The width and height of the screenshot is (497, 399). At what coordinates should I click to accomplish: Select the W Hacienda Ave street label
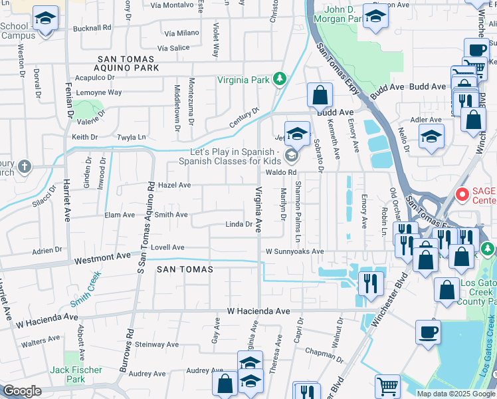[x=258, y=311]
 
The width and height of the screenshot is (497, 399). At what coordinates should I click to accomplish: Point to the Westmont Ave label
[x=102, y=256]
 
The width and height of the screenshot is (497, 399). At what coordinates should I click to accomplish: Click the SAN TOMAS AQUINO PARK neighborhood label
[x=127, y=63]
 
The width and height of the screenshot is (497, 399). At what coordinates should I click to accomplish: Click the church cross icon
[x=25, y=166]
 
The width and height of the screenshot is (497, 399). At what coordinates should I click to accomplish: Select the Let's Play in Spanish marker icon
[x=291, y=156]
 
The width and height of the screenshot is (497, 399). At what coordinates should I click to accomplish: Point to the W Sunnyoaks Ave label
[x=294, y=252]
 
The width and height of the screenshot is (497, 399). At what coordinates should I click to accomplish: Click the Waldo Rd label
[x=280, y=172]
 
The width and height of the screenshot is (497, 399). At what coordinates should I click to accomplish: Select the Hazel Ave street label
[x=175, y=185]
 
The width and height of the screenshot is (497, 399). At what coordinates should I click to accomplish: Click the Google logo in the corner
[x=22, y=391]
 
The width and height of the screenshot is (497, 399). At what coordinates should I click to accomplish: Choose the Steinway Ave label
[x=157, y=344]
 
